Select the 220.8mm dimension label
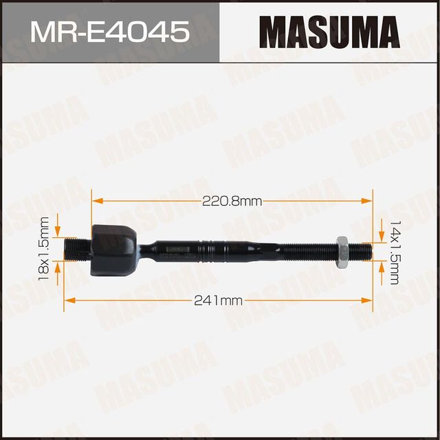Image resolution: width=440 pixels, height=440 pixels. point(232,201)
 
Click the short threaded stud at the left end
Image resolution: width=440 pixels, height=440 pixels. point(78,248)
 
